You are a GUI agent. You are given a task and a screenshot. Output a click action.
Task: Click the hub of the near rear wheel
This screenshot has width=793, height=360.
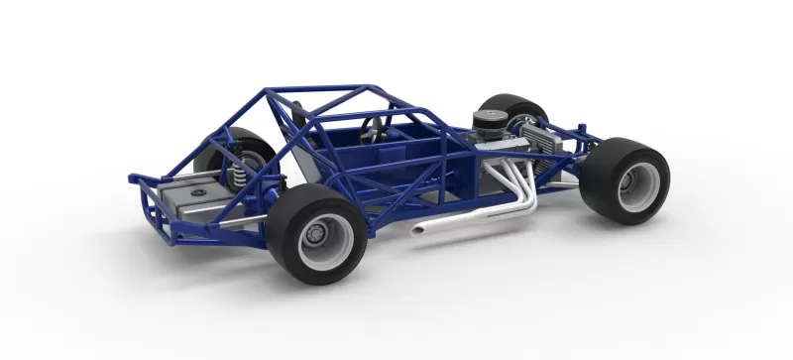[x=315, y=235]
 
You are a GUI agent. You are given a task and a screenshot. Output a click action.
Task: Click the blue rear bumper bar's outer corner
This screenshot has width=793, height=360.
[x=133, y=180]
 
